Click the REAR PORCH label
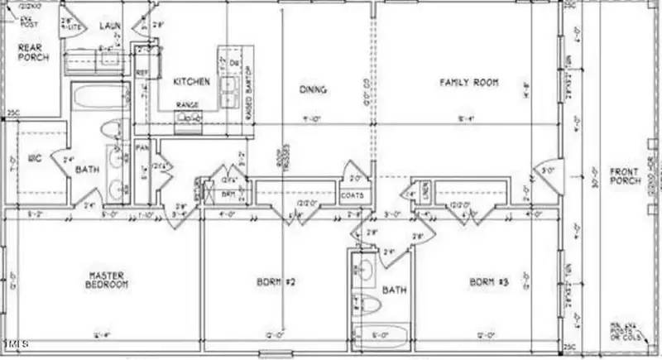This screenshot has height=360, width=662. (34, 53)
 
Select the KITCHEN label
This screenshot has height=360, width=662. (191, 82)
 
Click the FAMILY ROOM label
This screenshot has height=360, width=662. (466, 82)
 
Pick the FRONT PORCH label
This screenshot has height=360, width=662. (624, 177)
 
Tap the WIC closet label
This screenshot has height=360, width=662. (35, 157)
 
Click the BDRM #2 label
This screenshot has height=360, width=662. (276, 282)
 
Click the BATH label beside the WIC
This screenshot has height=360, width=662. (88, 170)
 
